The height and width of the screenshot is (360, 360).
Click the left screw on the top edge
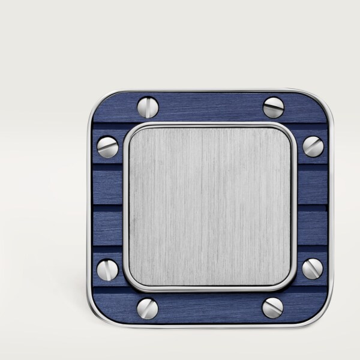point(148,107)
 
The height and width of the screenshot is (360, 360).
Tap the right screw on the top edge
point(274,107)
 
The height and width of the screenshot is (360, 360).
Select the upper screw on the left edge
point(107,146)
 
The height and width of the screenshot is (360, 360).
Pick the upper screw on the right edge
point(313,146)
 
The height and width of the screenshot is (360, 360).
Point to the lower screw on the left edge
point(107,269)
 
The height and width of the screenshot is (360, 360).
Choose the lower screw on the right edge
point(313,269)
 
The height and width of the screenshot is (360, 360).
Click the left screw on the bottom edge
point(148,308)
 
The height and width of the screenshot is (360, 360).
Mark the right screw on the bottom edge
point(273,308)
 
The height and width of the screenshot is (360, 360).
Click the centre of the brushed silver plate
point(210,206)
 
